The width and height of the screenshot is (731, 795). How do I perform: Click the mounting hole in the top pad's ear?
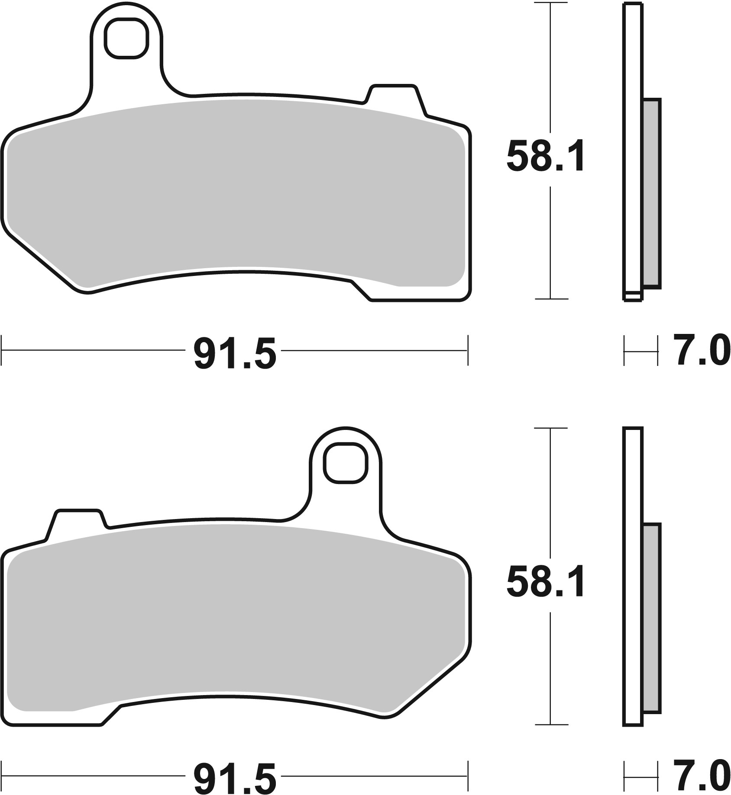[125, 39]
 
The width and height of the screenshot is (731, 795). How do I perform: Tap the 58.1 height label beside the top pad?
[545, 156]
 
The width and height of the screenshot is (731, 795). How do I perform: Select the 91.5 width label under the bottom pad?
[235, 778]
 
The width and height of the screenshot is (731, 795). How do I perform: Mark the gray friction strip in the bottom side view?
[651, 619]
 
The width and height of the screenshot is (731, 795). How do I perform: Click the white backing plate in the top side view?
[633, 151]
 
